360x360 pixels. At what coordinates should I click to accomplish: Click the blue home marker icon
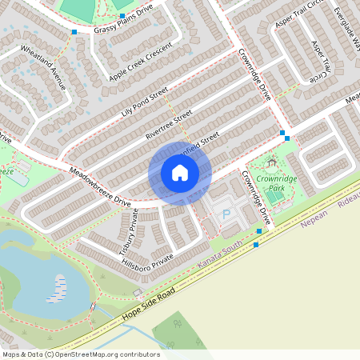(x=180, y=173)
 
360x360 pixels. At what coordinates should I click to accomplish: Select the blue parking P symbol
(x=226, y=214)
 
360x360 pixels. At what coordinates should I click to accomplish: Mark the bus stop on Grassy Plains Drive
(x=74, y=32)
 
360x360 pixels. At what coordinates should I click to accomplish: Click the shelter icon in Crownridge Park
(x=271, y=163)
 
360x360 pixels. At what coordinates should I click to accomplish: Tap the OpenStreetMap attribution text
(x=81, y=354)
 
